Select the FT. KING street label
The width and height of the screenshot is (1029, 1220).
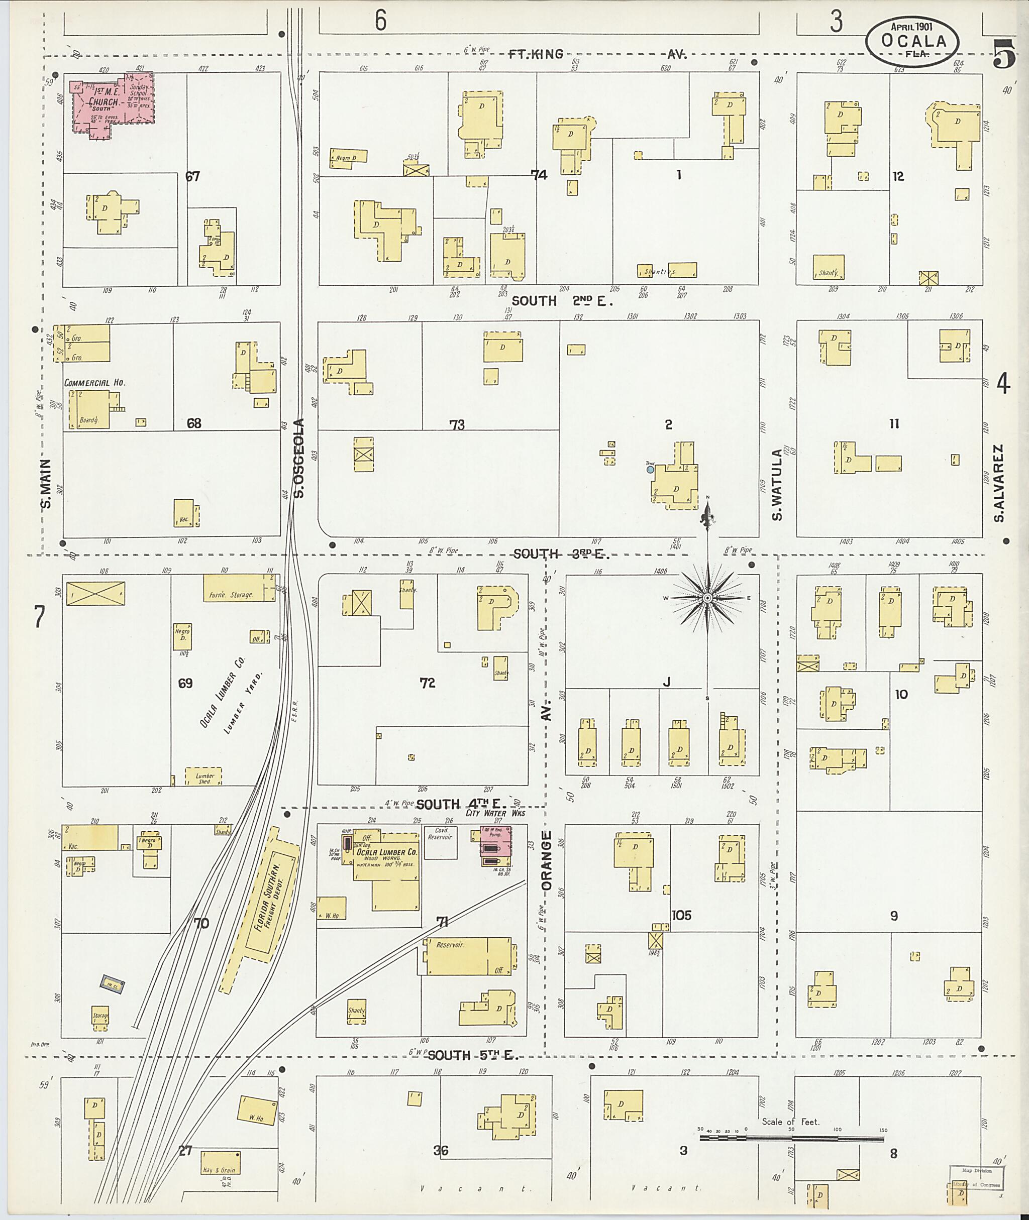point(535,54)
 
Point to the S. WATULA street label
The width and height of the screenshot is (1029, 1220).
point(776,484)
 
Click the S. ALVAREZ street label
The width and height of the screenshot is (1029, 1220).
point(999,484)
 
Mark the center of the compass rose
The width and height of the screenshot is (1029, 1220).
point(707,598)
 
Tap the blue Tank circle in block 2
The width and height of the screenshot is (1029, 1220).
point(650,469)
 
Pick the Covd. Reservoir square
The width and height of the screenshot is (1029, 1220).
point(441,842)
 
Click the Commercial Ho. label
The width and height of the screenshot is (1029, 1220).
point(94,383)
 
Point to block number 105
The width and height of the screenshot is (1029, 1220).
point(681,915)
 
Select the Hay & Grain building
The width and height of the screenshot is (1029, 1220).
point(220,1162)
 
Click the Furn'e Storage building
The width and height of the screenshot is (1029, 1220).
point(239,588)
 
